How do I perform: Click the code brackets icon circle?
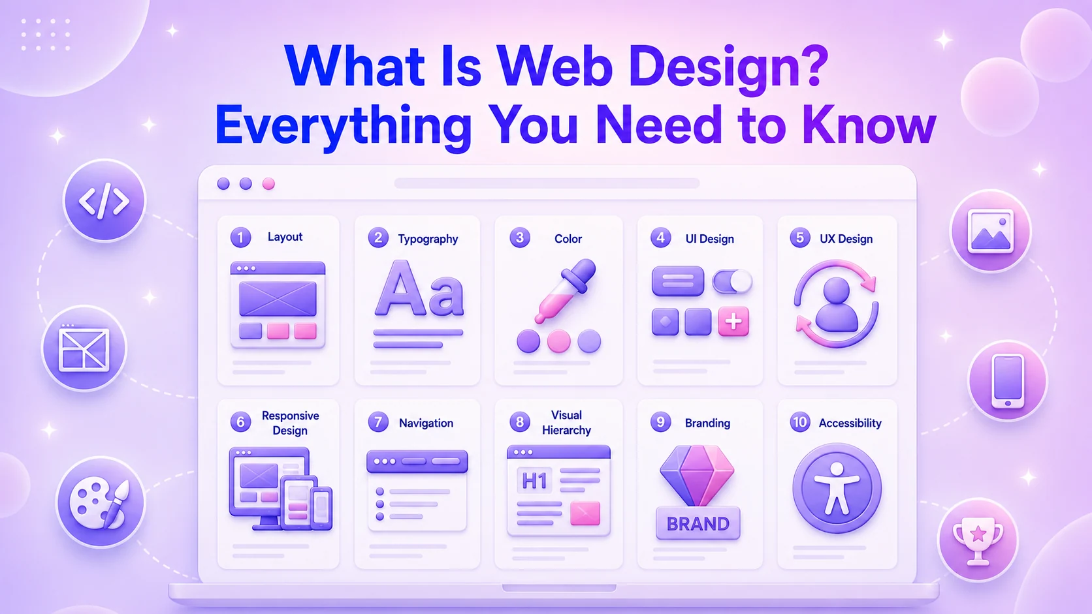click(104, 200)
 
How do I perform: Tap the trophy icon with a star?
click(978, 541)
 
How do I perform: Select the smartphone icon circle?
click(1008, 380)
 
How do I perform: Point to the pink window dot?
click(268, 183)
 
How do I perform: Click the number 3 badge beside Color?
click(520, 238)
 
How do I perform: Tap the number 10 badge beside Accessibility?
click(800, 422)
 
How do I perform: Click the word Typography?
click(428, 239)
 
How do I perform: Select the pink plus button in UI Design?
click(733, 322)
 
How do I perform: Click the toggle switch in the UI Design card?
click(731, 281)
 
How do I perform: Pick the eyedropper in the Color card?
click(566, 291)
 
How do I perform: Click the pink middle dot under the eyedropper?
click(558, 341)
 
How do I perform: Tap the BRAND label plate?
click(698, 523)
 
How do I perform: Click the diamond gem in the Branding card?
click(697, 476)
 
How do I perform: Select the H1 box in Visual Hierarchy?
click(534, 481)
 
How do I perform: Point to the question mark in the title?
click(812, 66)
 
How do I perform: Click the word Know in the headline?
click(869, 125)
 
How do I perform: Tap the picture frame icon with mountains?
click(991, 231)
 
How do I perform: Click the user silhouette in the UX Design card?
click(837, 305)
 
